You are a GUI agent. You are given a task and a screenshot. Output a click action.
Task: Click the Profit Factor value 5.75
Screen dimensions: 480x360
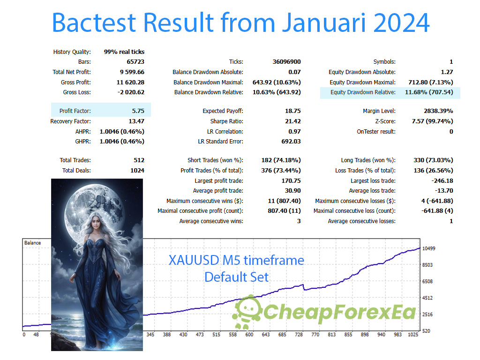(138, 111)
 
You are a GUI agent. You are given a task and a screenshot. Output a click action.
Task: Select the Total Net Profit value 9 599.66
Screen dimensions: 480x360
(132, 72)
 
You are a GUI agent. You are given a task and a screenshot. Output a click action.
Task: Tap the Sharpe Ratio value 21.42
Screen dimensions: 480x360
(292, 121)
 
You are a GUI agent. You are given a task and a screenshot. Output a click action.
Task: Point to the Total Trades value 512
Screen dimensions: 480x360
(139, 160)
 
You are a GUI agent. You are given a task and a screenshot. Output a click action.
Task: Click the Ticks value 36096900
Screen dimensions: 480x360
(286, 62)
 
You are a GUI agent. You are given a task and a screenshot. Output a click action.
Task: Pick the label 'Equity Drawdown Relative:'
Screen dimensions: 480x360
(363, 92)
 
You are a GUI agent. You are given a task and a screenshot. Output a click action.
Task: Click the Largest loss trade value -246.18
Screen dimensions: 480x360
(442, 181)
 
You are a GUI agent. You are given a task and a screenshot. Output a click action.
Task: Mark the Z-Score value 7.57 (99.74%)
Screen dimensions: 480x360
(432, 121)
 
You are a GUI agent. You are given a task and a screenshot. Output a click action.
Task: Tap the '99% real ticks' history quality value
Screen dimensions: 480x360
(124, 52)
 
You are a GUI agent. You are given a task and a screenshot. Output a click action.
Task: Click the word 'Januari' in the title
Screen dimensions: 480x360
(324, 22)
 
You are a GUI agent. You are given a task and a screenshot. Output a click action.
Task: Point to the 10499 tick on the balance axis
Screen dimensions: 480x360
(428, 248)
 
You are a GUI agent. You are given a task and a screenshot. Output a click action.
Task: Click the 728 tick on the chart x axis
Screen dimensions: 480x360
(299, 335)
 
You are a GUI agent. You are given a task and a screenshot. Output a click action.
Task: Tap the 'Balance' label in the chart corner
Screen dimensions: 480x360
(32, 243)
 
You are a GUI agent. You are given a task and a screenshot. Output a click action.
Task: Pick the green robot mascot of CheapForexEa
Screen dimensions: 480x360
(247, 312)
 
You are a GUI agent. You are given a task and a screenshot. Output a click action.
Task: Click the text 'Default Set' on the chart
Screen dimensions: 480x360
(236, 277)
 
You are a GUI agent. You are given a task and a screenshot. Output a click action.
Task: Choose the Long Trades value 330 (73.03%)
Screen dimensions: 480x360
(433, 160)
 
